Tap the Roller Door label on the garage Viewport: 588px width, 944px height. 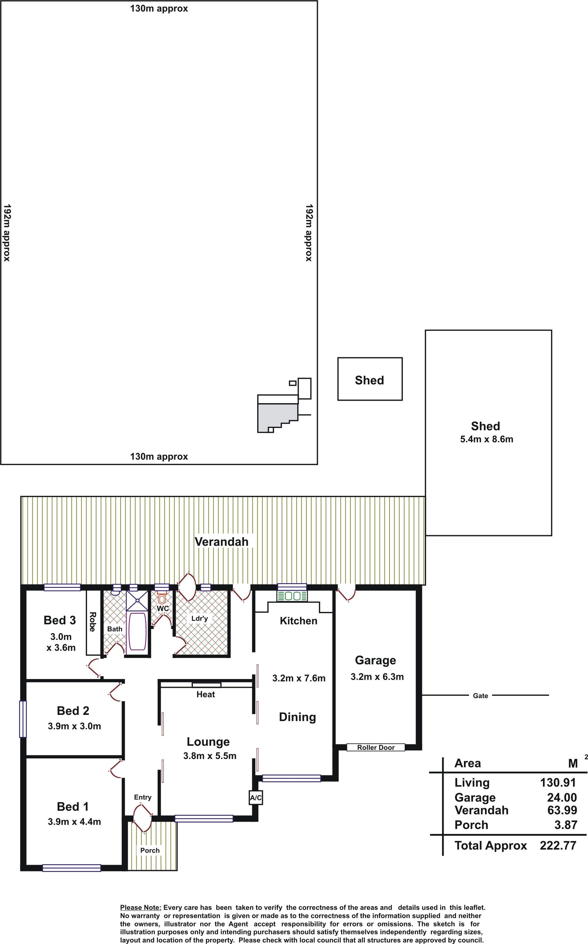[x=376, y=747]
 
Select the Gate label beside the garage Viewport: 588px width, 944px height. [x=480, y=696]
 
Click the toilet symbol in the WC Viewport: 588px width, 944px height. [x=162, y=597]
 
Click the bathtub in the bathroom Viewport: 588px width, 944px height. [x=137, y=631]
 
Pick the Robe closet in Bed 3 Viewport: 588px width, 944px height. [x=93, y=622]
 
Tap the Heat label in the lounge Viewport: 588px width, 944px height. [x=206, y=694]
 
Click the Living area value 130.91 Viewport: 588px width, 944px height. [x=558, y=782]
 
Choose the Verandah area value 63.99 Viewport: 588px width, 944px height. [x=562, y=810]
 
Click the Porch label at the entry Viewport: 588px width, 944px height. [x=150, y=851]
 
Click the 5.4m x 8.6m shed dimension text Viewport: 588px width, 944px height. [x=487, y=439]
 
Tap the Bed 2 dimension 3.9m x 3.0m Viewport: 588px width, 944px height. [x=74, y=726]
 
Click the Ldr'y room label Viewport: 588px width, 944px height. [x=199, y=618]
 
